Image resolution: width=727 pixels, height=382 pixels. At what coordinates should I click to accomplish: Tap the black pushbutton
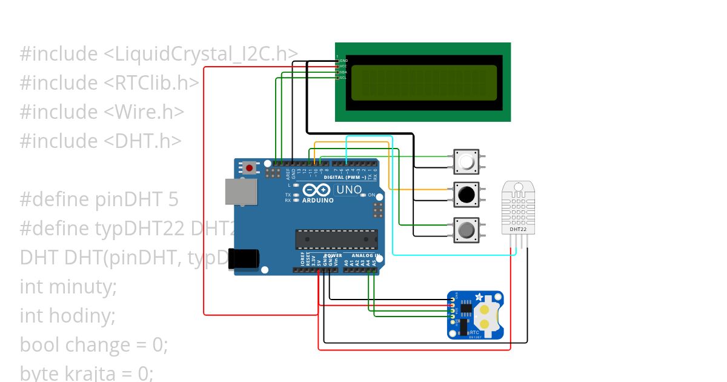(x=466, y=195)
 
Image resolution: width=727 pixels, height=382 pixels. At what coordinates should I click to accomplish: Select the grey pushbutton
(x=466, y=230)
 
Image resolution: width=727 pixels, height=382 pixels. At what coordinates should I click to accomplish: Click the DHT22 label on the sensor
(x=517, y=229)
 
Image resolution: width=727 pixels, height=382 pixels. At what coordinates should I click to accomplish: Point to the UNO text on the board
(x=349, y=190)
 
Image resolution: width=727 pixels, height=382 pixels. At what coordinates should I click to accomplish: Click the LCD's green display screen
(x=423, y=82)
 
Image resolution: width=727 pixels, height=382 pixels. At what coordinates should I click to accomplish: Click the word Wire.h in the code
(x=145, y=112)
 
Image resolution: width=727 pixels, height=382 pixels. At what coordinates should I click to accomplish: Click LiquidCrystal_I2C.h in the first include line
(x=201, y=54)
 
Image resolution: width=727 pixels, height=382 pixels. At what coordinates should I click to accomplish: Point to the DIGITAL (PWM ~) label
(x=345, y=178)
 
